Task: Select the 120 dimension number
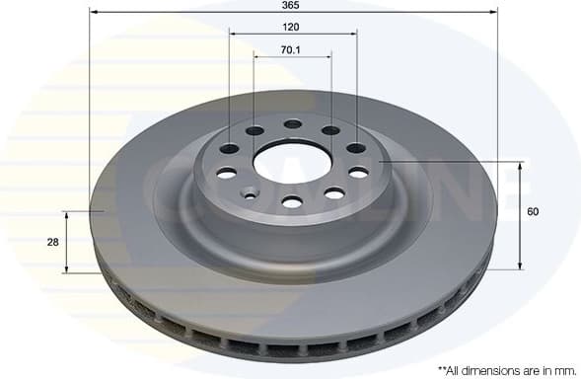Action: pyautogui.click(x=292, y=28)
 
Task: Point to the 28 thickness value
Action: pyautogui.click(x=52, y=242)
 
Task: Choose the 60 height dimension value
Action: pyautogui.click(x=534, y=211)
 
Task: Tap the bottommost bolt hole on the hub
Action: pyautogui.click(x=291, y=202)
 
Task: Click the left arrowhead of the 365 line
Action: pyautogui.click(x=94, y=13)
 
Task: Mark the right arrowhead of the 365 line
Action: pyautogui.click(x=494, y=13)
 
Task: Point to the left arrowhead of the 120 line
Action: pyautogui.click(x=234, y=35)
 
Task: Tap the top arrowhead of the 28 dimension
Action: pyautogui.click(x=67, y=213)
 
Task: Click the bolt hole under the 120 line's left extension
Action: pyautogui.click(x=229, y=149)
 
